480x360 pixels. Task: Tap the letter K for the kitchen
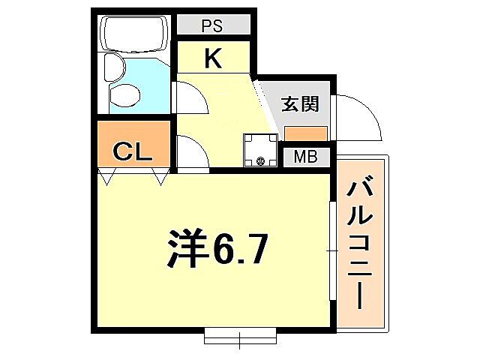[213, 58]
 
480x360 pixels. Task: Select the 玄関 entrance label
[300, 104]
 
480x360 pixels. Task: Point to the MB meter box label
[304, 157]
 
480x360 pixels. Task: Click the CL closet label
[133, 152]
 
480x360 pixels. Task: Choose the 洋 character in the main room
[184, 247]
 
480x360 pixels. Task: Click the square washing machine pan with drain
[260, 148]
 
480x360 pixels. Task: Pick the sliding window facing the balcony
[331, 248]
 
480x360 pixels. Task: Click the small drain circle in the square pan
[260, 160]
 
